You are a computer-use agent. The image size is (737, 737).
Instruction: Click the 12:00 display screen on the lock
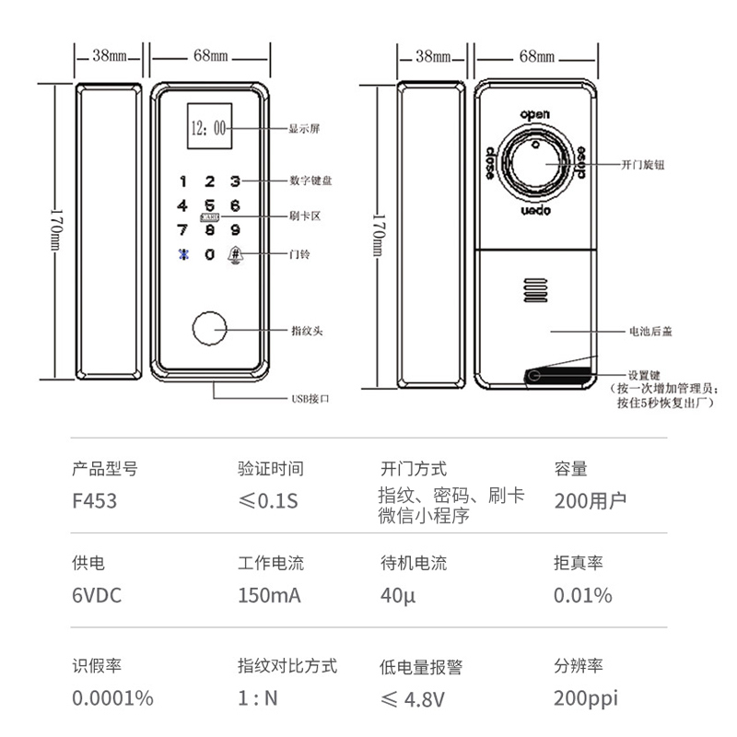(209, 128)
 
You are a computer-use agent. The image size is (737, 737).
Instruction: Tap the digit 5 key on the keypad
(209, 205)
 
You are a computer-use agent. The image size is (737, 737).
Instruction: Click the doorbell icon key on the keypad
(236, 253)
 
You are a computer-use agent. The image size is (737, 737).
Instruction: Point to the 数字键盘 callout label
(310, 181)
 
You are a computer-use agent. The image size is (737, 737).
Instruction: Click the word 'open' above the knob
(535, 114)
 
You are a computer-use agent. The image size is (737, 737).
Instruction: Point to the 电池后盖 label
(649, 331)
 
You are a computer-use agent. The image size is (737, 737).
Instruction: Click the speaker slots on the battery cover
(533, 292)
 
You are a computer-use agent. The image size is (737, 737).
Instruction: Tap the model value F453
(95, 501)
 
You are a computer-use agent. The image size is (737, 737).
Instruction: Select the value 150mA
(269, 595)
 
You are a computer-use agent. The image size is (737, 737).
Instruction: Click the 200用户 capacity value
(591, 501)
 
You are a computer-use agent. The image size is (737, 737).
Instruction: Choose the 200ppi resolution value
(584, 698)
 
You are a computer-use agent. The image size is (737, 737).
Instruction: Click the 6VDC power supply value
(97, 595)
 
